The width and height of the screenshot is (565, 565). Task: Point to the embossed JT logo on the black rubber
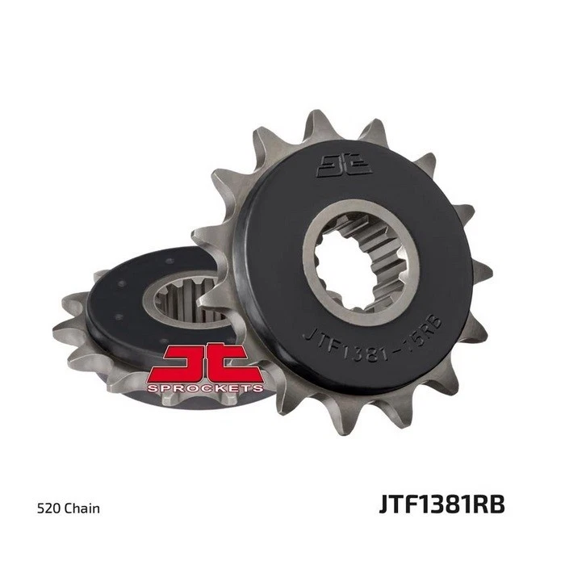click(x=344, y=165)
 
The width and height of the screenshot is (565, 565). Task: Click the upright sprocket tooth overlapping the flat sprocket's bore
click(x=213, y=299)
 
